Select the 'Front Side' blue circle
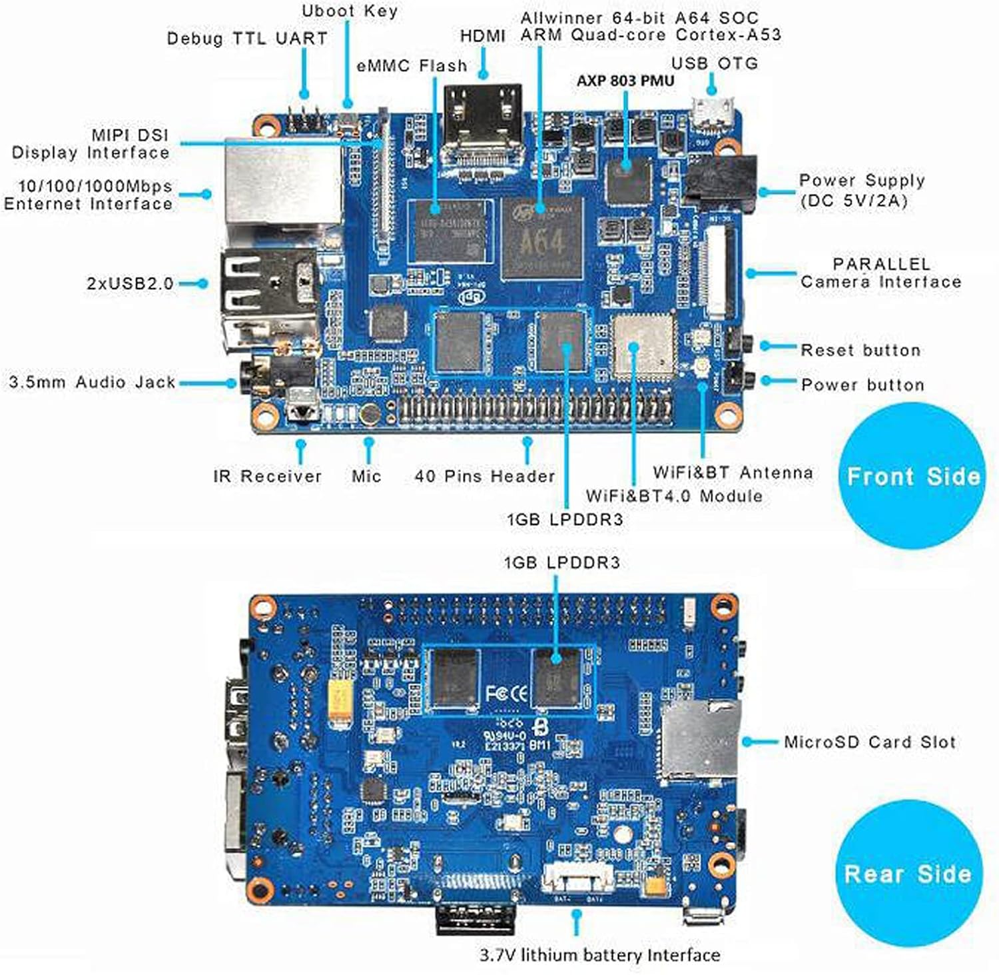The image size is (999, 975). coord(912,476)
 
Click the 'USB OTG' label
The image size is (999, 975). coord(714,63)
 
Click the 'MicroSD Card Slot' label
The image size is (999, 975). coord(869,742)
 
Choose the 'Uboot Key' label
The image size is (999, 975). coord(349,11)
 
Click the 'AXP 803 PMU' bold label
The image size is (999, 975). coord(625,81)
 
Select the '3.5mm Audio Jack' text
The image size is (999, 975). coord(92,383)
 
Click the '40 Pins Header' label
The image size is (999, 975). coord(484,476)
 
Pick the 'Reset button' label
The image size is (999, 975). coord(860,350)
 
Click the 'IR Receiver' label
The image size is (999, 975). coord(267,476)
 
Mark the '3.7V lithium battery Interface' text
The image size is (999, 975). coord(599,955)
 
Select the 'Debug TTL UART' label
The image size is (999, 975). coord(246,39)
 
